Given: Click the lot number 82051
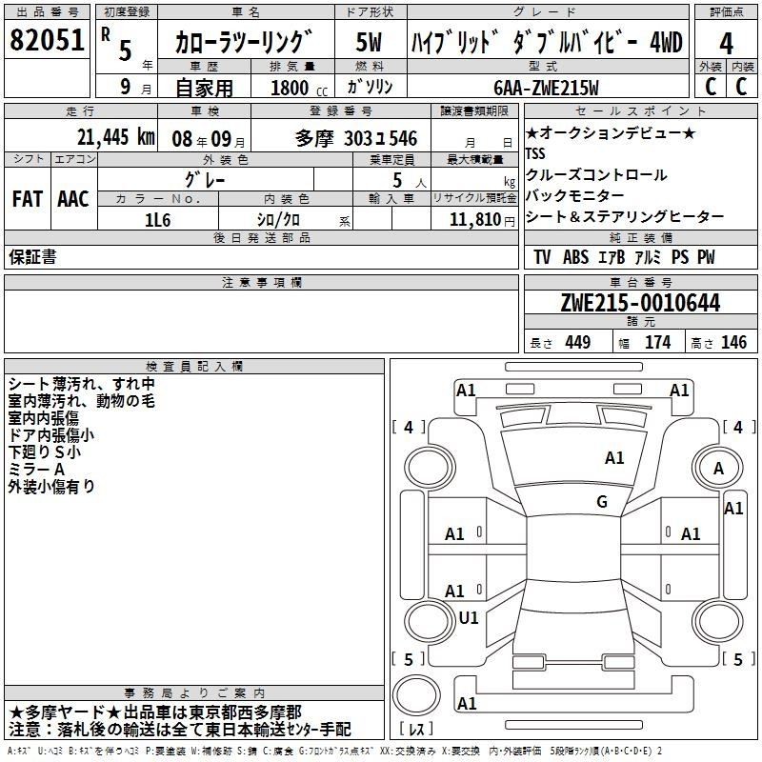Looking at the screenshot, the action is (x=47, y=39).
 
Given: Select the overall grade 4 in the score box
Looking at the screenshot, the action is (x=726, y=43).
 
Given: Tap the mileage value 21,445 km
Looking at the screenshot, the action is (x=115, y=137).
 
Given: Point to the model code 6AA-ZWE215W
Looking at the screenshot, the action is (x=546, y=88).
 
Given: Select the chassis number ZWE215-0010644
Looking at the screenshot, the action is (x=640, y=303).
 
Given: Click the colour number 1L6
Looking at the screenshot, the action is (x=158, y=220).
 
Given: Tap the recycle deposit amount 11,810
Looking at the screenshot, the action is (x=474, y=220).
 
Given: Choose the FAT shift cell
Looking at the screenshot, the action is (x=28, y=199).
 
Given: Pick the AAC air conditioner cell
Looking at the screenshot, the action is (x=73, y=199).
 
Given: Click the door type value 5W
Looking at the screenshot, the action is (x=369, y=42).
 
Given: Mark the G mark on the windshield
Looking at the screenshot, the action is (x=602, y=501).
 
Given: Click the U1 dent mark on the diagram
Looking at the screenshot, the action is (x=469, y=617).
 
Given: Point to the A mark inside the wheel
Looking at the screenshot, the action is (x=718, y=469).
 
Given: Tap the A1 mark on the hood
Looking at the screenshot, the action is (x=614, y=458).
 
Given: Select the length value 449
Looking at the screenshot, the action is (x=578, y=342).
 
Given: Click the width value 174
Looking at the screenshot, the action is (x=657, y=342).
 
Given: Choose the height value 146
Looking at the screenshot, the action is (x=733, y=342).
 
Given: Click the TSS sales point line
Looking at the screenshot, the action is (x=535, y=153).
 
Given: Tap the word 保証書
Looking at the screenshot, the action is (x=32, y=257).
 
